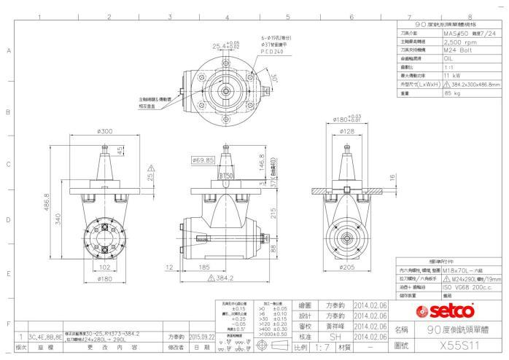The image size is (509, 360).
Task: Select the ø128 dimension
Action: click(x=346, y=132)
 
